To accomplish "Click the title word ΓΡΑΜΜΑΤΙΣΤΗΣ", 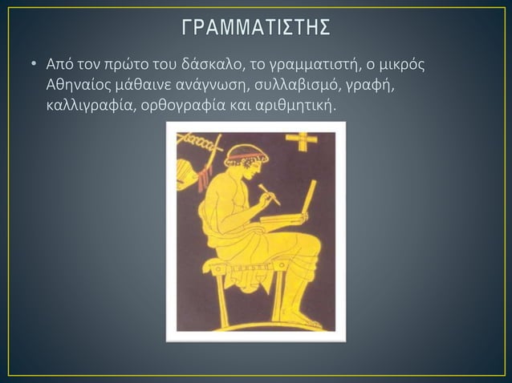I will pos(255,28).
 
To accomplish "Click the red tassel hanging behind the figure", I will pos(205,168).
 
